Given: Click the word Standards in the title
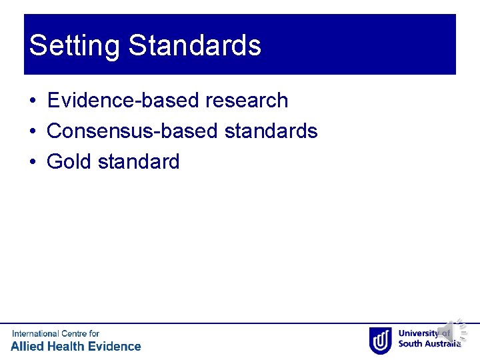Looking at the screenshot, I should pyautogui.click(x=195, y=46).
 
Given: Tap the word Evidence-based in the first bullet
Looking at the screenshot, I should pyautogui.click(x=124, y=101).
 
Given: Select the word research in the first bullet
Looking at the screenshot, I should pyautogui.click(x=247, y=101).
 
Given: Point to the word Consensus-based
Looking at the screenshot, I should pyautogui.click(x=133, y=131).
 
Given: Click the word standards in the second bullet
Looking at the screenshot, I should pyautogui.click(x=271, y=131).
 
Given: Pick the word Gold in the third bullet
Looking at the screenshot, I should pyautogui.click(x=69, y=161).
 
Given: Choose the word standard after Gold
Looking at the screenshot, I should pyautogui.click(x=139, y=161).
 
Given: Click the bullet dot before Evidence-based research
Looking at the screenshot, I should pyautogui.click(x=32, y=101).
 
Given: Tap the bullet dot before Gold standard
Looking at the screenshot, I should pyautogui.click(x=32, y=162).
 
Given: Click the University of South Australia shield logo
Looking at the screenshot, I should pyautogui.click(x=380, y=339).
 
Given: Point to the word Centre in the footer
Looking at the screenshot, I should pyautogui.click(x=74, y=333).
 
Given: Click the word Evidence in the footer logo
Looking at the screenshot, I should pyautogui.click(x=113, y=346).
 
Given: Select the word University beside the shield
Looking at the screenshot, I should pyautogui.click(x=418, y=334).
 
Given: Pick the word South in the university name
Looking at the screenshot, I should pyautogui.click(x=411, y=344).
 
